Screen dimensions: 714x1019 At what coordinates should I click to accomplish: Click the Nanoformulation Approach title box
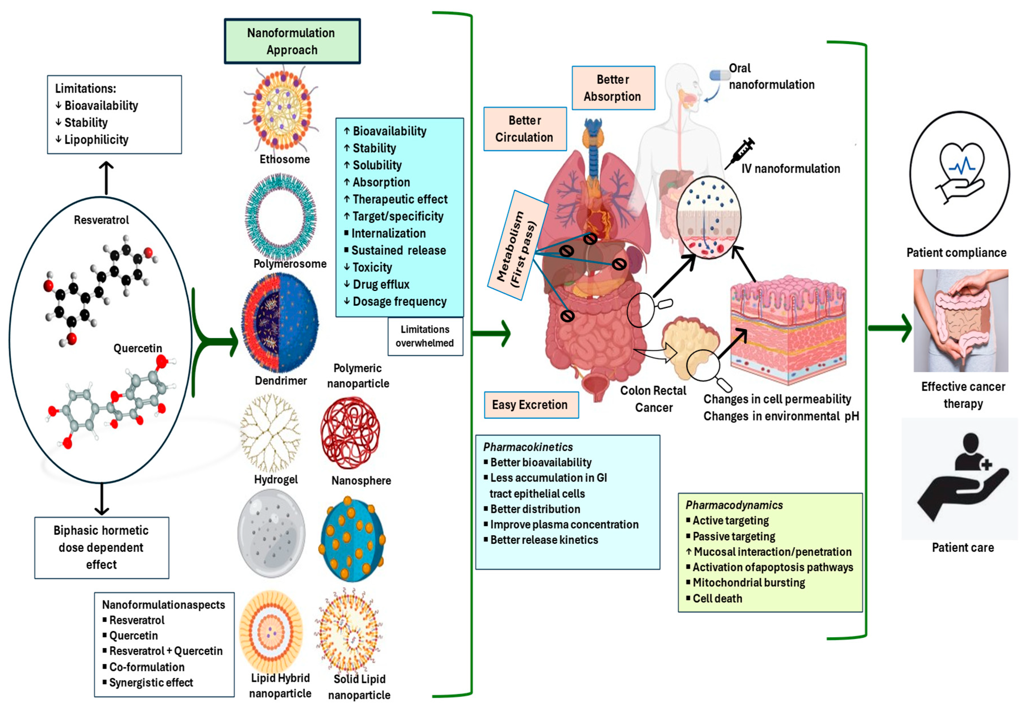(292, 41)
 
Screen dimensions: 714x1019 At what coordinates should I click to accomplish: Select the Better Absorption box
(613, 88)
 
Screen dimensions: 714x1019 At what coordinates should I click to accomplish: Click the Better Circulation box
(525, 129)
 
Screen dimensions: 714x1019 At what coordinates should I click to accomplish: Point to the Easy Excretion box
(531, 405)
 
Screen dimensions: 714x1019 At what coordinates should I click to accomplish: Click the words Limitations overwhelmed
(425, 336)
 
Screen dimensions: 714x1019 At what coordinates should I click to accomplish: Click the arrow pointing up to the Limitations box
(106, 178)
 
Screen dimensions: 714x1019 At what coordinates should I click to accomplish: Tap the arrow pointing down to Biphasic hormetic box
(102, 499)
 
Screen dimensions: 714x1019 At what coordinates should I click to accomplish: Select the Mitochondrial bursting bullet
(748, 583)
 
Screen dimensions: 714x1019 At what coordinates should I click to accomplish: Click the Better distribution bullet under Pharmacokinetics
(535, 509)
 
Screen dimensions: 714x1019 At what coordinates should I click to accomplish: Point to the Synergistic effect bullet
(151, 682)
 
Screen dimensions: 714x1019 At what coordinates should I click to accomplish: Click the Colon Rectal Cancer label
(653, 399)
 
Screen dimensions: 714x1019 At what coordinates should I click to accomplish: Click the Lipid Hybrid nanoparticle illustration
(271, 630)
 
